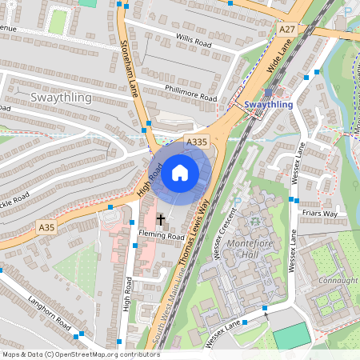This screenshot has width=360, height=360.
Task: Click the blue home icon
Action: [x=180, y=173]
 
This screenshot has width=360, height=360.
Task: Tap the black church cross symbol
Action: [x=160, y=219]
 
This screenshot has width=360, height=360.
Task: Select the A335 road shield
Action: [x=197, y=142]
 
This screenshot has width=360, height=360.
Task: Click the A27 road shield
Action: [x=286, y=29]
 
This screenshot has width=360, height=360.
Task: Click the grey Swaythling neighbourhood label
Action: [x=61, y=98]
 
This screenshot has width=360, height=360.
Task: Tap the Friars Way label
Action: [x=319, y=214]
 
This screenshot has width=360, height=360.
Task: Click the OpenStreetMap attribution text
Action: [x=81, y=354]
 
